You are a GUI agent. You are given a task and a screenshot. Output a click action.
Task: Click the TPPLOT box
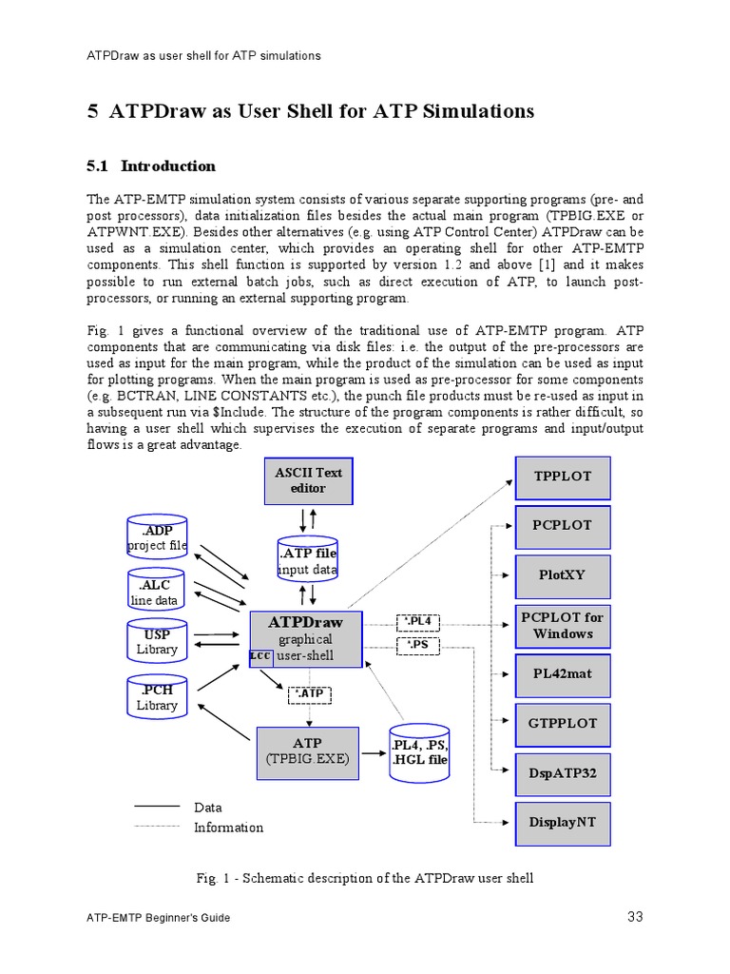pyautogui.click(x=563, y=477)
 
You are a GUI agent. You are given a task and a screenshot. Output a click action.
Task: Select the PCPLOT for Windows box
pyautogui.click(x=563, y=625)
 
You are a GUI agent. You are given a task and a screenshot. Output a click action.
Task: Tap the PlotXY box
pyautogui.click(x=563, y=575)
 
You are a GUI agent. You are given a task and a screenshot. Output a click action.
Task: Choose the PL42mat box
pyautogui.click(x=563, y=674)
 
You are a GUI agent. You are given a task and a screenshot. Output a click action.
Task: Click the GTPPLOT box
pyautogui.click(x=563, y=724)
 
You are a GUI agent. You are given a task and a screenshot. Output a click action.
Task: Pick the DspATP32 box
pyautogui.click(x=563, y=773)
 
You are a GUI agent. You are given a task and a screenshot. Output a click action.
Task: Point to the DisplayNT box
pyautogui.click(x=563, y=822)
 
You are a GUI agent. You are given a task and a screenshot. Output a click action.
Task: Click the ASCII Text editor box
pyautogui.click(x=308, y=480)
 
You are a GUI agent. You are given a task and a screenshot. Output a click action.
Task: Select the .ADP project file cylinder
pyautogui.click(x=157, y=537)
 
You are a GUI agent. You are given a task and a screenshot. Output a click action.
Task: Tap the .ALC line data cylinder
pyautogui.click(x=155, y=592)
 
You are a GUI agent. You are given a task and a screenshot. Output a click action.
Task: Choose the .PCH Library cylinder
pyautogui.click(x=157, y=697)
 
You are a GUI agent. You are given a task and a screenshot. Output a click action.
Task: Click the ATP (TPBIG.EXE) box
pyautogui.click(x=307, y=750)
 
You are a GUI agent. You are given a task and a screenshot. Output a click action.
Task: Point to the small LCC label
pyautogui.click(x=260, y=656)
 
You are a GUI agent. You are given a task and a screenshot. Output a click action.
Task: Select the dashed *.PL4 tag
pyautogui.click(x=418, y=622)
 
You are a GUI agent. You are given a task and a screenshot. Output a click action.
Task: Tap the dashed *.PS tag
pyautogui.click(x=418, y=646)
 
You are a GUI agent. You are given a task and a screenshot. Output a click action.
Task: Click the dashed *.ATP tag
pyautogui.click(x=309, y=694)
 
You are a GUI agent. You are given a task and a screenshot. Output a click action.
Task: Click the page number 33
pyautogui.click(x=636, y=917)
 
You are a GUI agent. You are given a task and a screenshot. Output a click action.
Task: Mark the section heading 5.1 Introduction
pyautogui.click(x=151, y=166)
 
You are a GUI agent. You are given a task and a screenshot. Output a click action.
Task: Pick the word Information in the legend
pyautogui.click(x=228, y=828)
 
